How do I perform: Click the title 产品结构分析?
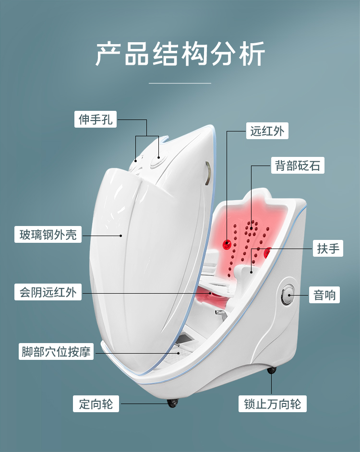[180, 54]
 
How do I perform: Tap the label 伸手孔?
[96, 119]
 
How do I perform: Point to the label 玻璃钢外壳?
[48, 235]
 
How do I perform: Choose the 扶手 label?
[328, 249]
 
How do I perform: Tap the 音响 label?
[325, 295]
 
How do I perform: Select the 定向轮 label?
[96, 404]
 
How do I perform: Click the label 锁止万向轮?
[272, 404]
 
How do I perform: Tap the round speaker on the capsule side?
[288, 294]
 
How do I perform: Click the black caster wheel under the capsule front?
[172, 403]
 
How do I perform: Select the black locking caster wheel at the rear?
[272, 370]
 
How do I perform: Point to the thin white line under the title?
[180, 83]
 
